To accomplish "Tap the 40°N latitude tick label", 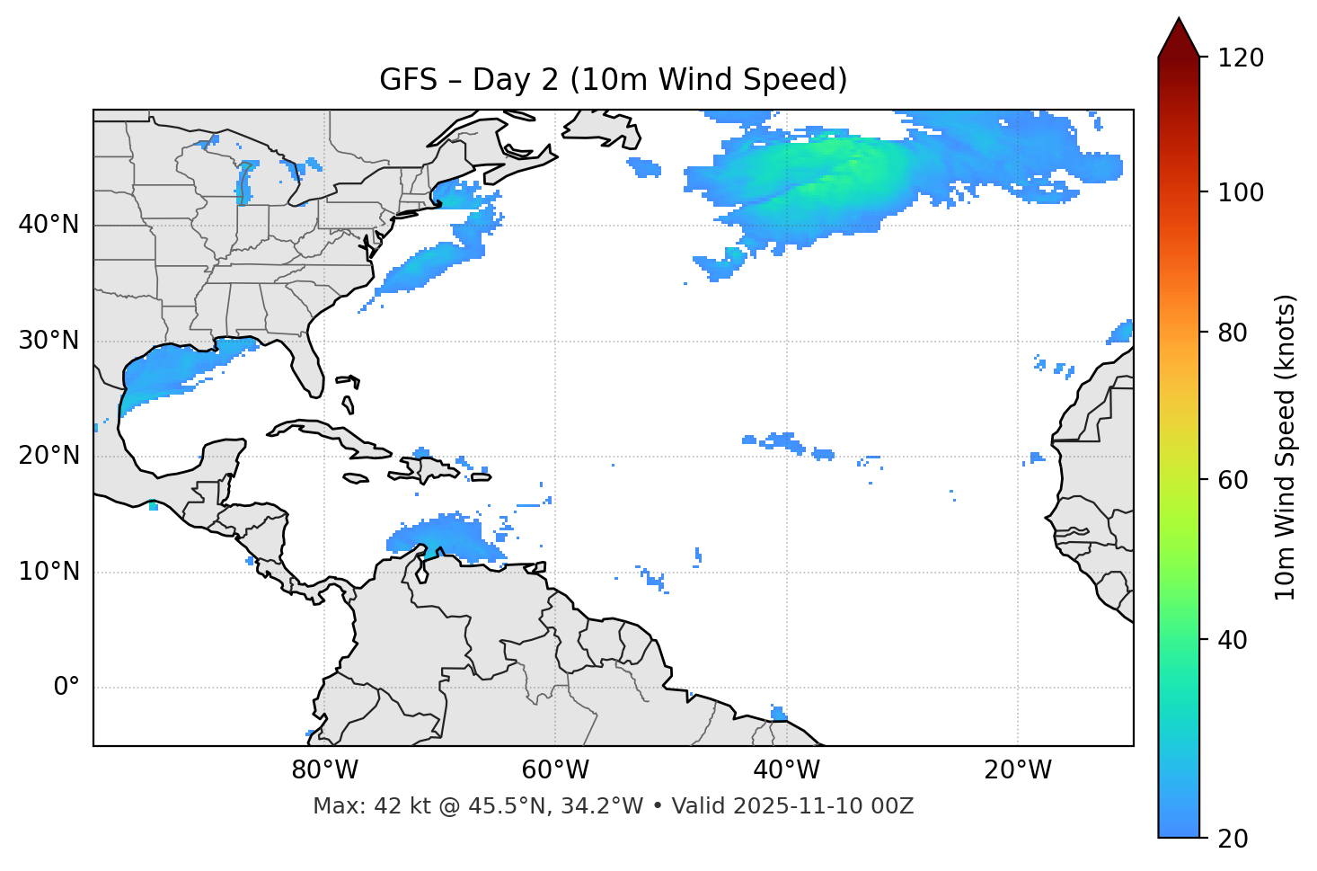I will [49, 225].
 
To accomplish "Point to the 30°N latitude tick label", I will [49, 341].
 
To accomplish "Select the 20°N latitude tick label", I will [49, 456].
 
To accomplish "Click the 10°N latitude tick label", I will [49, 572].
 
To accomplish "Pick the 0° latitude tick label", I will [66, 688].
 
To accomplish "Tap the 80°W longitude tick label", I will [324, 770].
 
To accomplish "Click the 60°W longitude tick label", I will [555, 770].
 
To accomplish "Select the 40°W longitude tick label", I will [786, 770].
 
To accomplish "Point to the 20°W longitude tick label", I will [1017, 770].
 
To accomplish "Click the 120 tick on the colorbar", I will [1241, 58].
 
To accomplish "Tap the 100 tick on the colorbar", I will [1241, 192].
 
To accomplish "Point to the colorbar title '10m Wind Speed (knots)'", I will [1286, 447].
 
